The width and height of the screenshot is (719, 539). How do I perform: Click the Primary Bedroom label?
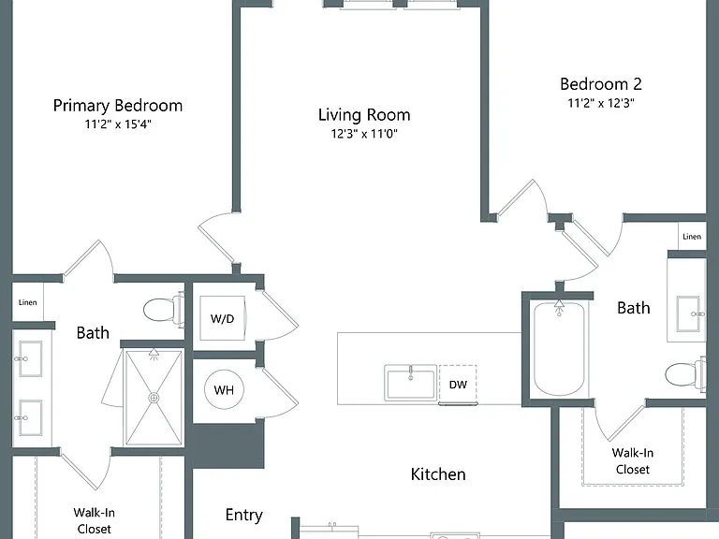[118, 106]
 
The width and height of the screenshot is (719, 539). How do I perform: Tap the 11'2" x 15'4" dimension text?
[118, 124]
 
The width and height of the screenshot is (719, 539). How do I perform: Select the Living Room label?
[364, 114]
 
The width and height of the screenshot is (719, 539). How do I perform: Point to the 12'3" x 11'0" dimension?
[364, 134]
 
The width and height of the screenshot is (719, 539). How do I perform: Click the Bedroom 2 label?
[601, 84]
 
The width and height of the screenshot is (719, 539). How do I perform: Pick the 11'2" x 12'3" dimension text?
[601, 103]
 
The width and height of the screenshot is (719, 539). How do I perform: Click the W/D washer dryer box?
[223, 318]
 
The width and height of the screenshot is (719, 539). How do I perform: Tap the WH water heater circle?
[224, 389]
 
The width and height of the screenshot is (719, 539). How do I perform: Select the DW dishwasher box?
[458, 384]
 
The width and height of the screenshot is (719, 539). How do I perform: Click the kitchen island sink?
[410, 383]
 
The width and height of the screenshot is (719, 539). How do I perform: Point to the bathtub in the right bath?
[559, 347]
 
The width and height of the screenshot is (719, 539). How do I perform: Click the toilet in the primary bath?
[163, 310]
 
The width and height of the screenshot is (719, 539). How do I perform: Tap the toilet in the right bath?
[686, 374]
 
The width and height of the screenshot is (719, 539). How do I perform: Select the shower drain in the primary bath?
[154, 398]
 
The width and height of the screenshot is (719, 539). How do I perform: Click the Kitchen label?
[438, 473]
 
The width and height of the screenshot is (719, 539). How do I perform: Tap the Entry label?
[244, 516]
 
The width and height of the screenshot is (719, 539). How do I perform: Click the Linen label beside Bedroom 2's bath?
[692, 237]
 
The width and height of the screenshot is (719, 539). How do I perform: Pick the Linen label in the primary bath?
[27, 302]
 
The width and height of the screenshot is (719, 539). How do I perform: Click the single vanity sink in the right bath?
[689, 313]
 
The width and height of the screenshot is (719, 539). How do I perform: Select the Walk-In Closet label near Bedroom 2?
[632, 461]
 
